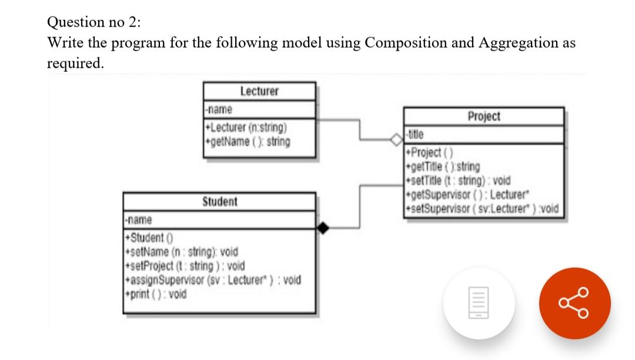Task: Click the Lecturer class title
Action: tap(259, 91)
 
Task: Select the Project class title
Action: tap(484, 116)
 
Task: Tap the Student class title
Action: tap(219, 202)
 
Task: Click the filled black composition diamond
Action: tap(323, 227)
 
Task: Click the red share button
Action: tap(576, 304)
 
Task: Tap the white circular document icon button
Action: tap(479, 304)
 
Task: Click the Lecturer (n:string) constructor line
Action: tap(246, 126)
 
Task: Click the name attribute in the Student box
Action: tap(139, 219)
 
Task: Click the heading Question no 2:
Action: tap(94, 22)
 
